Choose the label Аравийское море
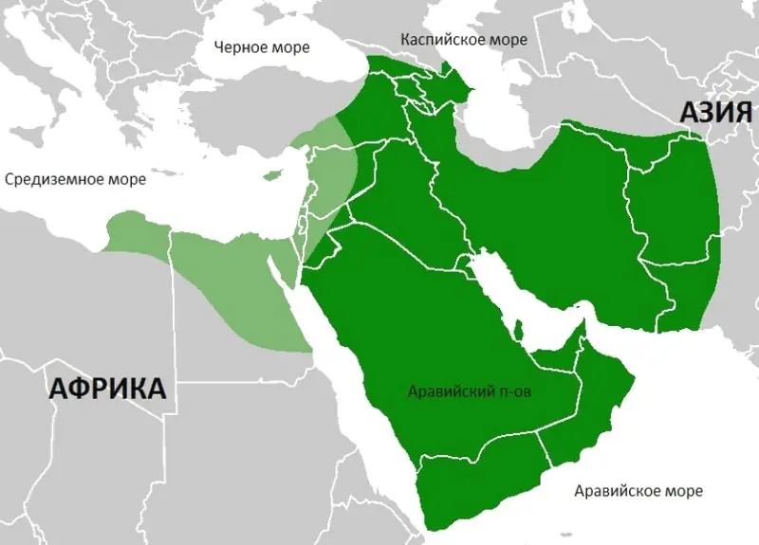(x=639, y=490)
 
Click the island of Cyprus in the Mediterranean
(x=274, y=175)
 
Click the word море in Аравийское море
(x=683, y=490)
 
